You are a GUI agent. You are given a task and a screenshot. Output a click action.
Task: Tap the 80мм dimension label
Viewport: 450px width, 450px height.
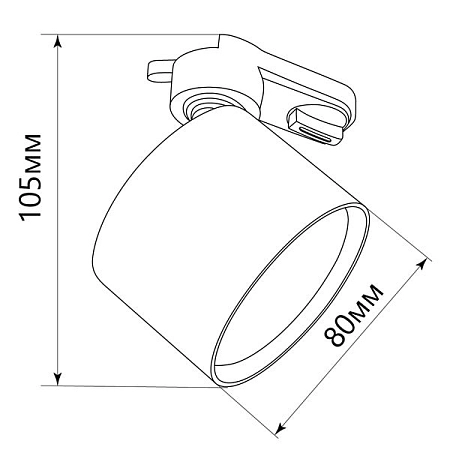point(355,316)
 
